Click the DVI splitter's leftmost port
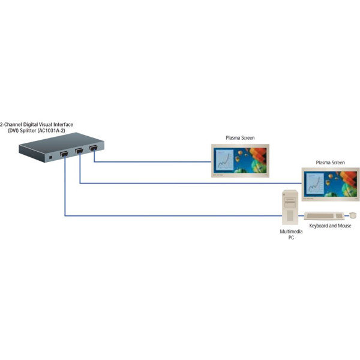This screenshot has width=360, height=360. [x=64, y=155]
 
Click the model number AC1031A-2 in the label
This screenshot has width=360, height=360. [x=55, y=131]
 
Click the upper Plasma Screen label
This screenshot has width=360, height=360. [x=239, y=138]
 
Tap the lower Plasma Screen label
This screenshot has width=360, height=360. [x=330, y=163]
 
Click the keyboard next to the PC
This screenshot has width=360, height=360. [x=323, y=215]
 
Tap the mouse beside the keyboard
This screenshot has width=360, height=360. [x=353, y=215]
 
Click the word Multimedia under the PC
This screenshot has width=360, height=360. [x=291, y=231]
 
